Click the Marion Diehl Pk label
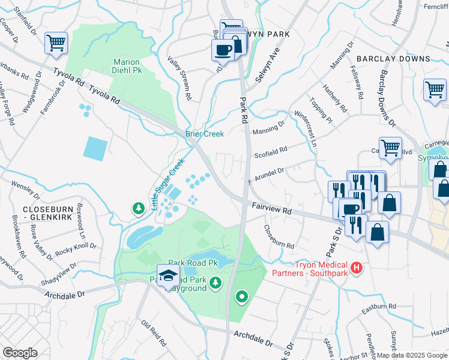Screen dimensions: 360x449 click(x=127, y=67)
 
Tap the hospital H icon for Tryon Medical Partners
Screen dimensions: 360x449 click(x=357, y=266)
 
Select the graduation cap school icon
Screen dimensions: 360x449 click(x=167, y=275)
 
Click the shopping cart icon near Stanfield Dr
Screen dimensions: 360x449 click(x=56, y=43)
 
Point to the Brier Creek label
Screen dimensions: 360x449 click(x=204, y=134)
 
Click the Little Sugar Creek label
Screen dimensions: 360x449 click(x=167, y=188)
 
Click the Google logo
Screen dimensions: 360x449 click(x=20, y=352)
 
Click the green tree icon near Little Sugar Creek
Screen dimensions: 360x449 click(x=139, y=208)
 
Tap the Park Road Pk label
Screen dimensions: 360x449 click(x=192, y=263)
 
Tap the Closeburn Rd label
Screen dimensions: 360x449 click(x=279, y=237)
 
